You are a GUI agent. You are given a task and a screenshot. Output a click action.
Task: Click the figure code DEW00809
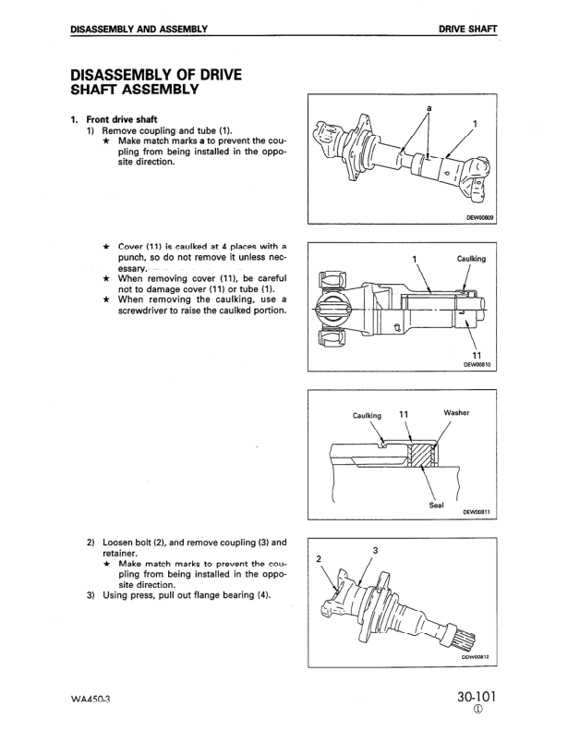479,218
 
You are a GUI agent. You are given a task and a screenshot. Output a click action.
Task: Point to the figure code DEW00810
478,364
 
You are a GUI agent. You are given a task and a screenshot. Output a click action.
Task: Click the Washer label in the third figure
457,412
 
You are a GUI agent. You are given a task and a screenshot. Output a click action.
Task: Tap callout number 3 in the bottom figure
375,551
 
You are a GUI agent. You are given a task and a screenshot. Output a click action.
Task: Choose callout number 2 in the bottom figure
318,559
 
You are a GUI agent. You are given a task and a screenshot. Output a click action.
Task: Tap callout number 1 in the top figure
474,122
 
